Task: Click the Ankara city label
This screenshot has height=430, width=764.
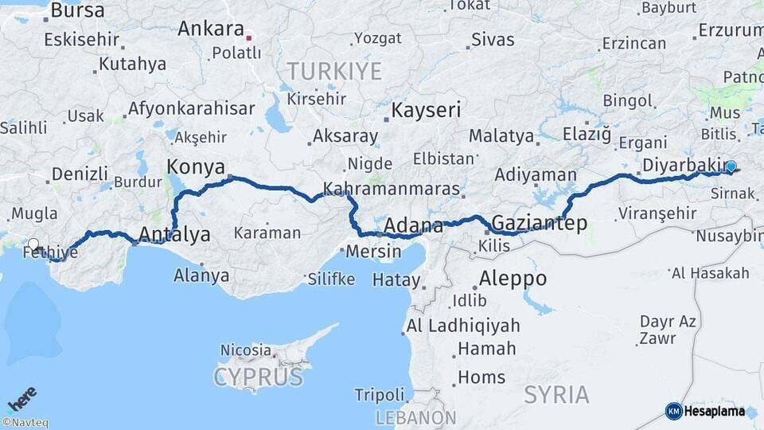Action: [x=211, y=29]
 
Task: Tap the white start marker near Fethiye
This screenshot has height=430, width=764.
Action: [x=33, y=244]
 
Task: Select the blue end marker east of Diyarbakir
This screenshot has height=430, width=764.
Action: [x=731, y=166]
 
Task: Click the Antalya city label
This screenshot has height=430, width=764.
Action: [x=174, y=234]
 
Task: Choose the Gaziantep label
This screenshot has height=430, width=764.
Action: [x=540, y=222]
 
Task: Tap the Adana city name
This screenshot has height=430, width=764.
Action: [x=413, y=225]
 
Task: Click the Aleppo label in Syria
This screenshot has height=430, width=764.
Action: [x=513, y=279]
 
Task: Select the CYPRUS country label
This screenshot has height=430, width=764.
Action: [x=259, y=376]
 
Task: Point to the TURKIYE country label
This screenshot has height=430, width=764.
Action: [x=334, y=72]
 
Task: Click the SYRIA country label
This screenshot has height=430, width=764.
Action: [x=557, y=394]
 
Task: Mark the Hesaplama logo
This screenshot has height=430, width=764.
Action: [x=705, y=411]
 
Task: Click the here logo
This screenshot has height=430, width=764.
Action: [x=22, y=398]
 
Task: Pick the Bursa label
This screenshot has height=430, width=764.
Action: [x=77, y=10]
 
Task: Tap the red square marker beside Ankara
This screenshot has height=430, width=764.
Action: [x=249, y=37]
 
